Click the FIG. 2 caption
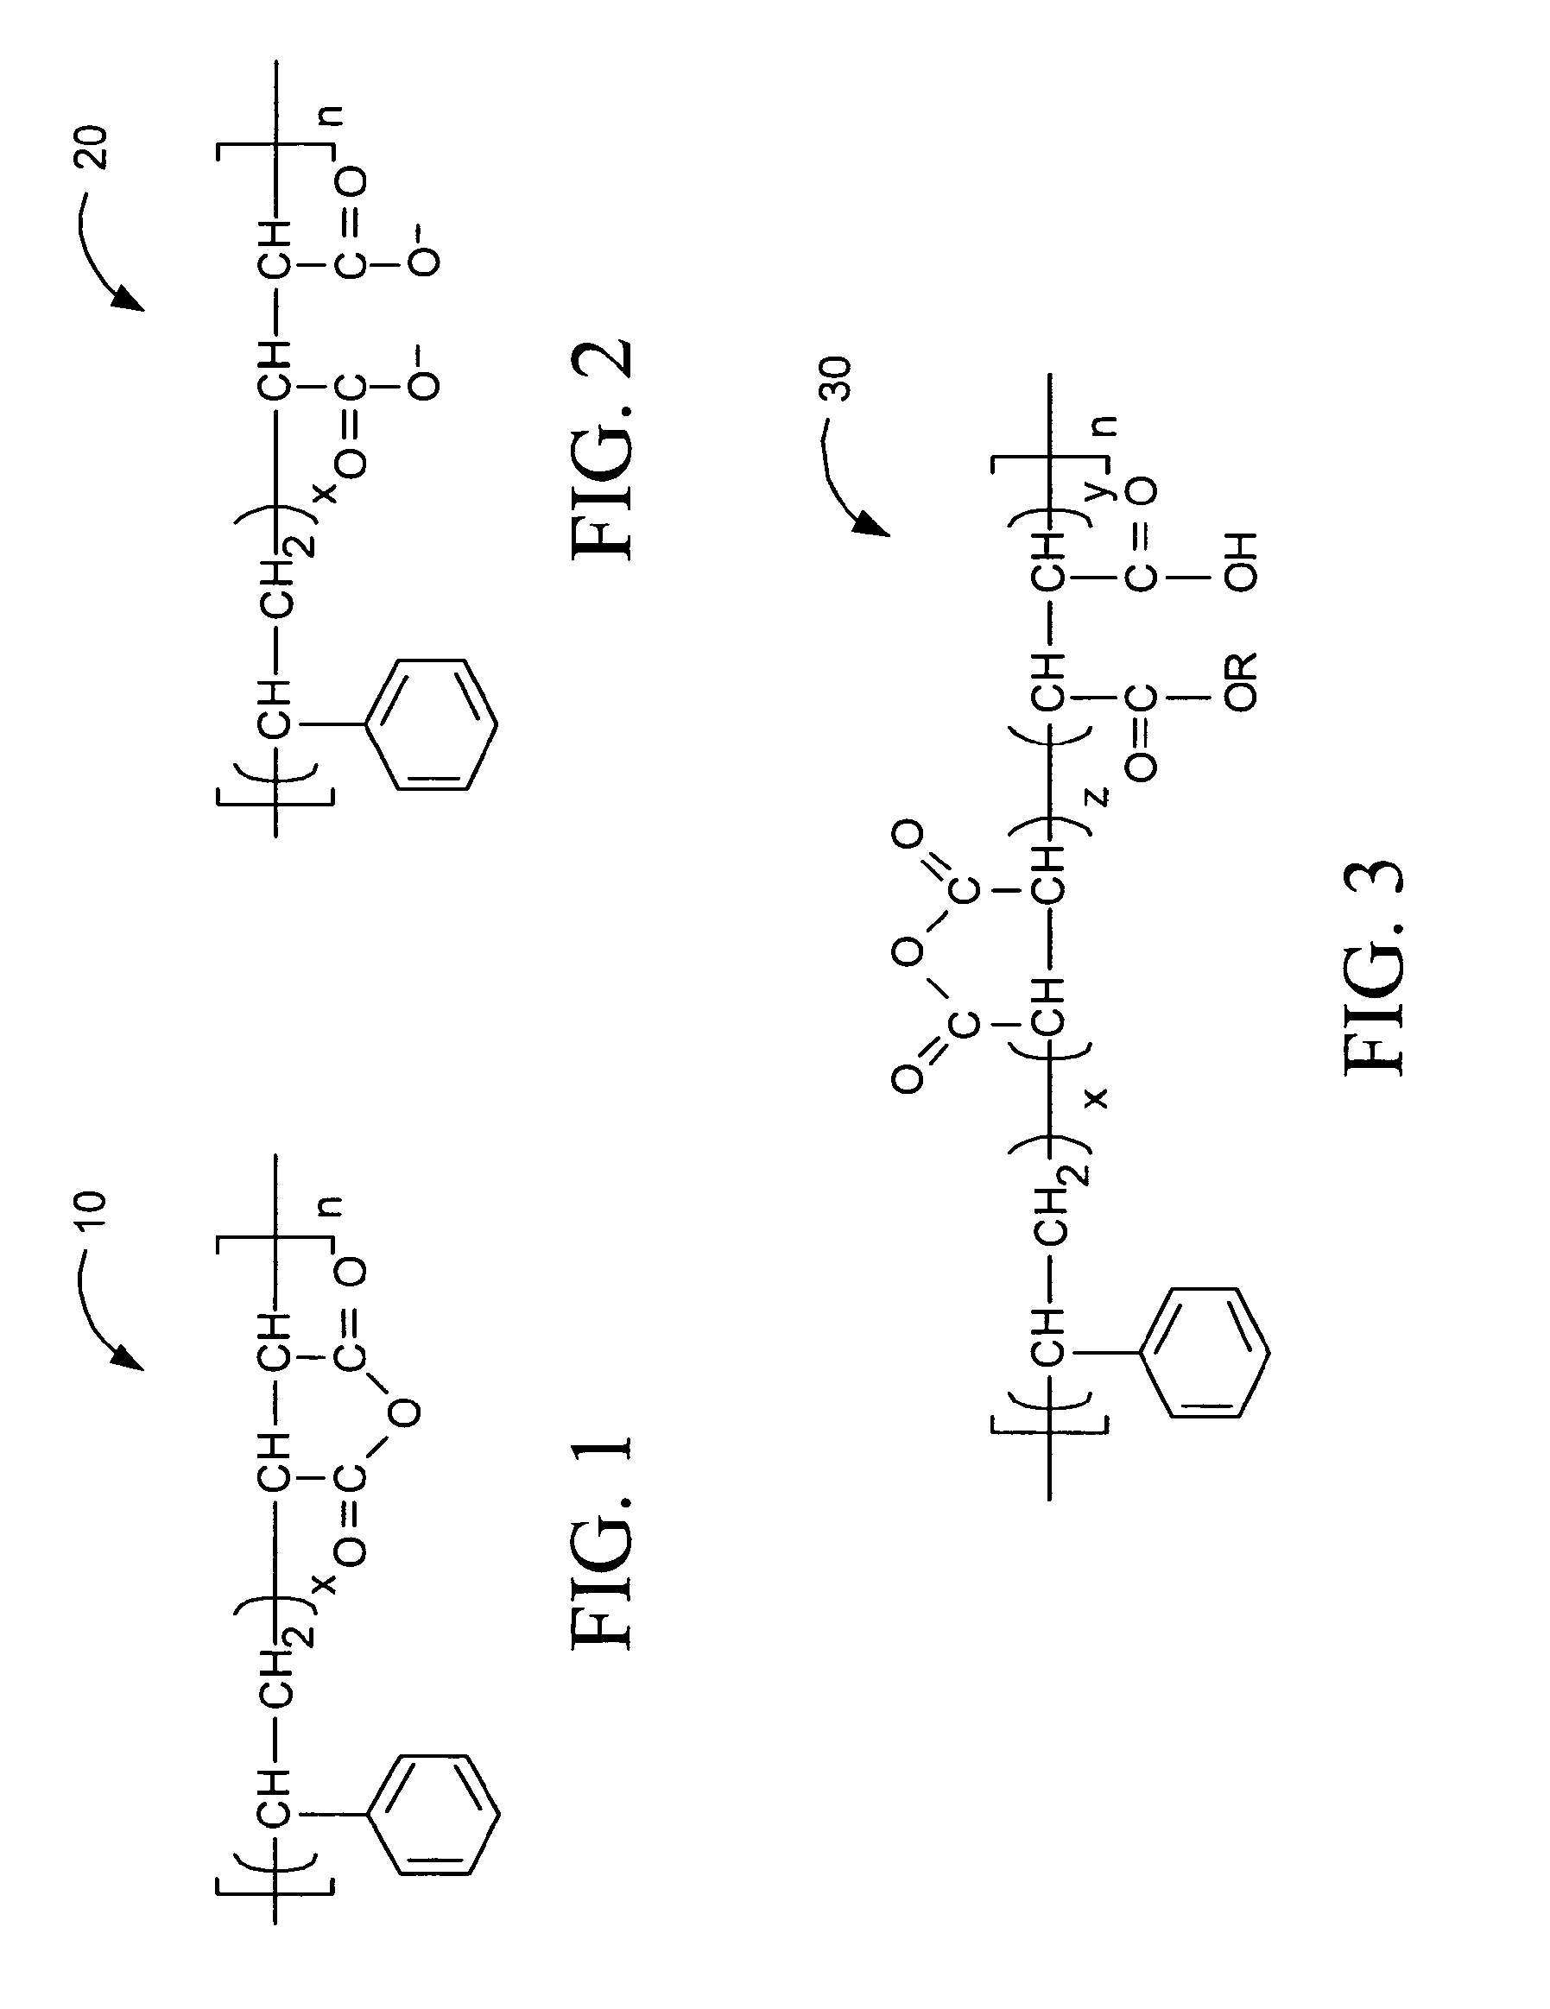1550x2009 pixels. point(603,450)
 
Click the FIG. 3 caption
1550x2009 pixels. point(1375,967)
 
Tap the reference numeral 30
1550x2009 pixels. point(837,379)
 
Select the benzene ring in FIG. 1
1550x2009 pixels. point(433,1814)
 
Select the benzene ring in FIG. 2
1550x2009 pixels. point(432,724)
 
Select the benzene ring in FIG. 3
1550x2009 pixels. point(1205,1352)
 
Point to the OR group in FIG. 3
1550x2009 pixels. point(1240,682)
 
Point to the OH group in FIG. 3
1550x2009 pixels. point(1240,560)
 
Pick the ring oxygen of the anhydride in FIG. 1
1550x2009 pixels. point(405,1412)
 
